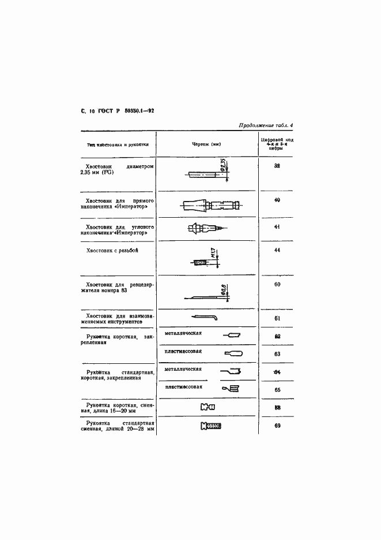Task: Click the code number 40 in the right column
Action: click(x=277, y=200)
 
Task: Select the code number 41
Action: click(x=277, y=227)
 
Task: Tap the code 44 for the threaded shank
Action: click(x=277, y=251)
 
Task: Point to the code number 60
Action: click(x=277, y=285)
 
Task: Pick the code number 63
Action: click(x=277, y=354)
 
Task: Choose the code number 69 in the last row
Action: click(x=277, y=426)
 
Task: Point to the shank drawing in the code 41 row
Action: click(x=205, y=228)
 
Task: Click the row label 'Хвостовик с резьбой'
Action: click(x=112, y=251)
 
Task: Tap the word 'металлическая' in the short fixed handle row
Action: click(x=183, y=333)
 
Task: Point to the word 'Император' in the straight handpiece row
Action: click(x=135, y=206)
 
